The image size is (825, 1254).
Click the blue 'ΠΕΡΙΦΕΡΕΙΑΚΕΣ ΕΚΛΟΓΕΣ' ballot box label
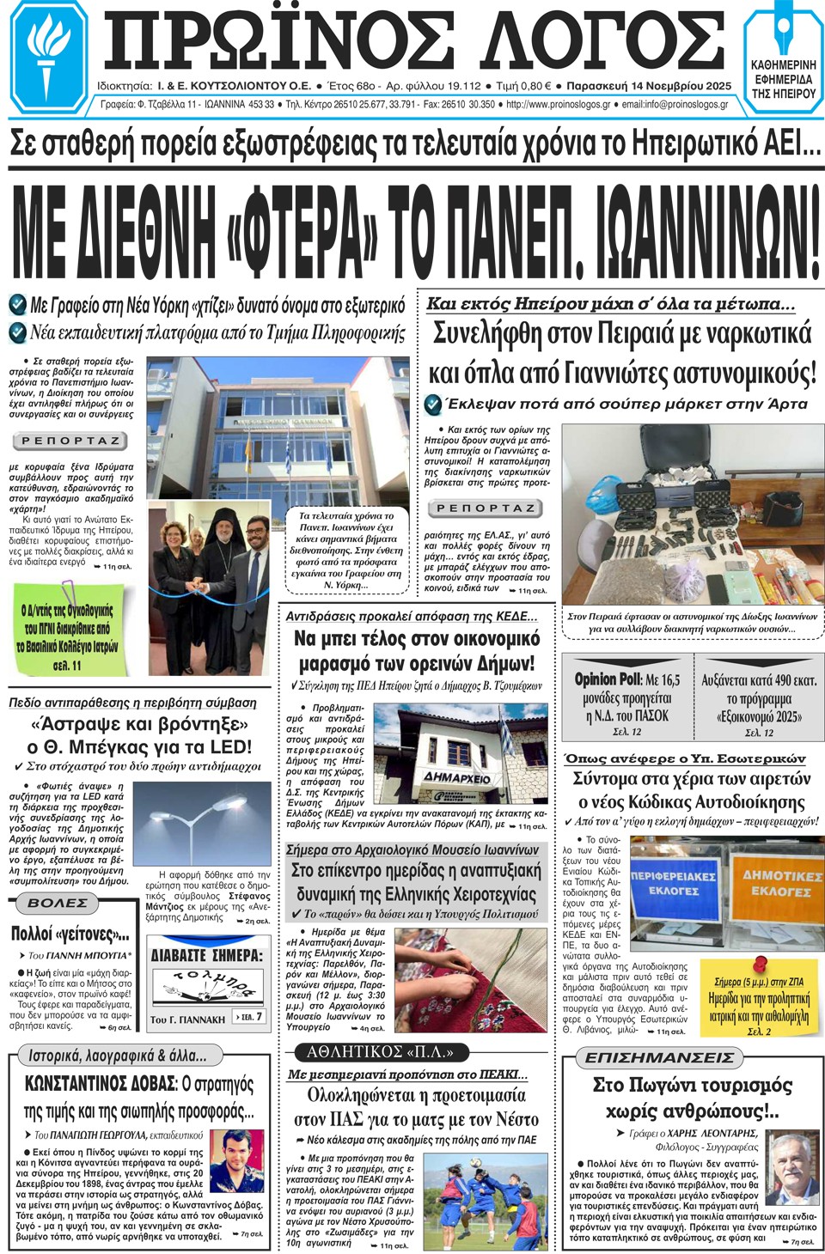pyautogui.click(x=673, y=882)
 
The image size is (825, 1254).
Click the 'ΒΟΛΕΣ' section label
pyautogui.click(x=58, y=904)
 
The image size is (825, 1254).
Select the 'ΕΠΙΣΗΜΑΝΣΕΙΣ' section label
pyautogui.click(x=659, y=1057)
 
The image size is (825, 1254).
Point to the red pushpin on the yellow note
pyautogui.click(x=760, y=965)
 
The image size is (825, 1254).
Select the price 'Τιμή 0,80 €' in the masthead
pyautogui.click(x=523, y=86)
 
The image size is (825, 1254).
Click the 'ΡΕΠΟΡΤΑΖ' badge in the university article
pyautogui.click(x=70, y=441)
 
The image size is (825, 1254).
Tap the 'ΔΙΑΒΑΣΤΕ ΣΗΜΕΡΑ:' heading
pyautogui.click(x=206, y=955)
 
